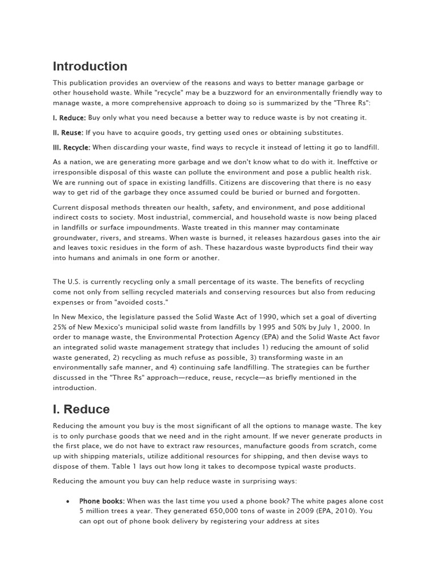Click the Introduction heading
click(90, 67)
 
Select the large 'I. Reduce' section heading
click(81, 409)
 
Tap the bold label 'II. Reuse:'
click(68, 133)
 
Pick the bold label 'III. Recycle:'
click(72, 147)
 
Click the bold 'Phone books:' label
click(102, 501)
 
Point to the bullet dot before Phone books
click(68, 501)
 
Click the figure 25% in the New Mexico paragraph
click(61, 327)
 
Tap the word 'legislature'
click(139, 317)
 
